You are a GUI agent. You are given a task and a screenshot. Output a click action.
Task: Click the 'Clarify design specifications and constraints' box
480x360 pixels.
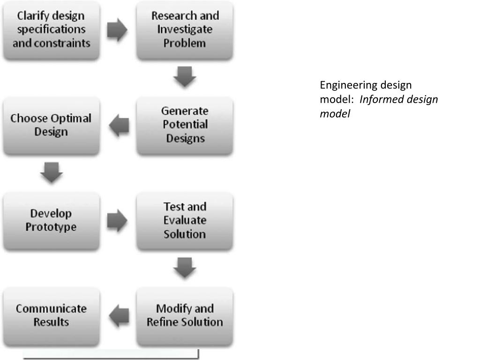click(51, 30)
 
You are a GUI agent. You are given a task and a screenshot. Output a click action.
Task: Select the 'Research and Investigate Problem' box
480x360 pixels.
click(185, 30)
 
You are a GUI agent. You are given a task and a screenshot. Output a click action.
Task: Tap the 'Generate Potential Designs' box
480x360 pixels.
click(185, 125)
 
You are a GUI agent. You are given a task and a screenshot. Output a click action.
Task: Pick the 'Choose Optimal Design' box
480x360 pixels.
click(51, 125)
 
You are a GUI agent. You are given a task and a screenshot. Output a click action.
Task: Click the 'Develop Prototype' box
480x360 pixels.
click(51, 220)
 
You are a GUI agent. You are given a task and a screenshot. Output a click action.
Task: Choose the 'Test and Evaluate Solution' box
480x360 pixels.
click(185, 220)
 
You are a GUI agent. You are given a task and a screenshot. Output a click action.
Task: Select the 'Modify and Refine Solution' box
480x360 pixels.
click(185, 315)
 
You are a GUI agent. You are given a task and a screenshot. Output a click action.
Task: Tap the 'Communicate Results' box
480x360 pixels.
click(51, 315)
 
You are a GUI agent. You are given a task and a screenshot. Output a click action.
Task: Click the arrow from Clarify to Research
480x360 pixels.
click(117, 30)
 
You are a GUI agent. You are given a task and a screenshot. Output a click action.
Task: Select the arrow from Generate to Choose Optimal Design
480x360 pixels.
click(119, 126)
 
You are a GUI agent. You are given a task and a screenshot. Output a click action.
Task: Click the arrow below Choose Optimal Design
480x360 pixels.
click(51, 173)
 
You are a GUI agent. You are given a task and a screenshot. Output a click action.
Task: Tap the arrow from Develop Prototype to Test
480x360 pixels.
click(117, 221)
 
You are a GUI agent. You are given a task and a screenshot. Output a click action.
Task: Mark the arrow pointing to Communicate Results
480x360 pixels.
click(119, 315)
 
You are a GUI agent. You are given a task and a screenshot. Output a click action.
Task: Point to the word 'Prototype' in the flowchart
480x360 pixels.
click(51, 227)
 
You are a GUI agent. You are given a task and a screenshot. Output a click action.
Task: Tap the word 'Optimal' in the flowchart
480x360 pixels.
click(71, 118)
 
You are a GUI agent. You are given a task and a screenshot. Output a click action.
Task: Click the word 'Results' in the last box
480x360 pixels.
click(51, 322)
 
